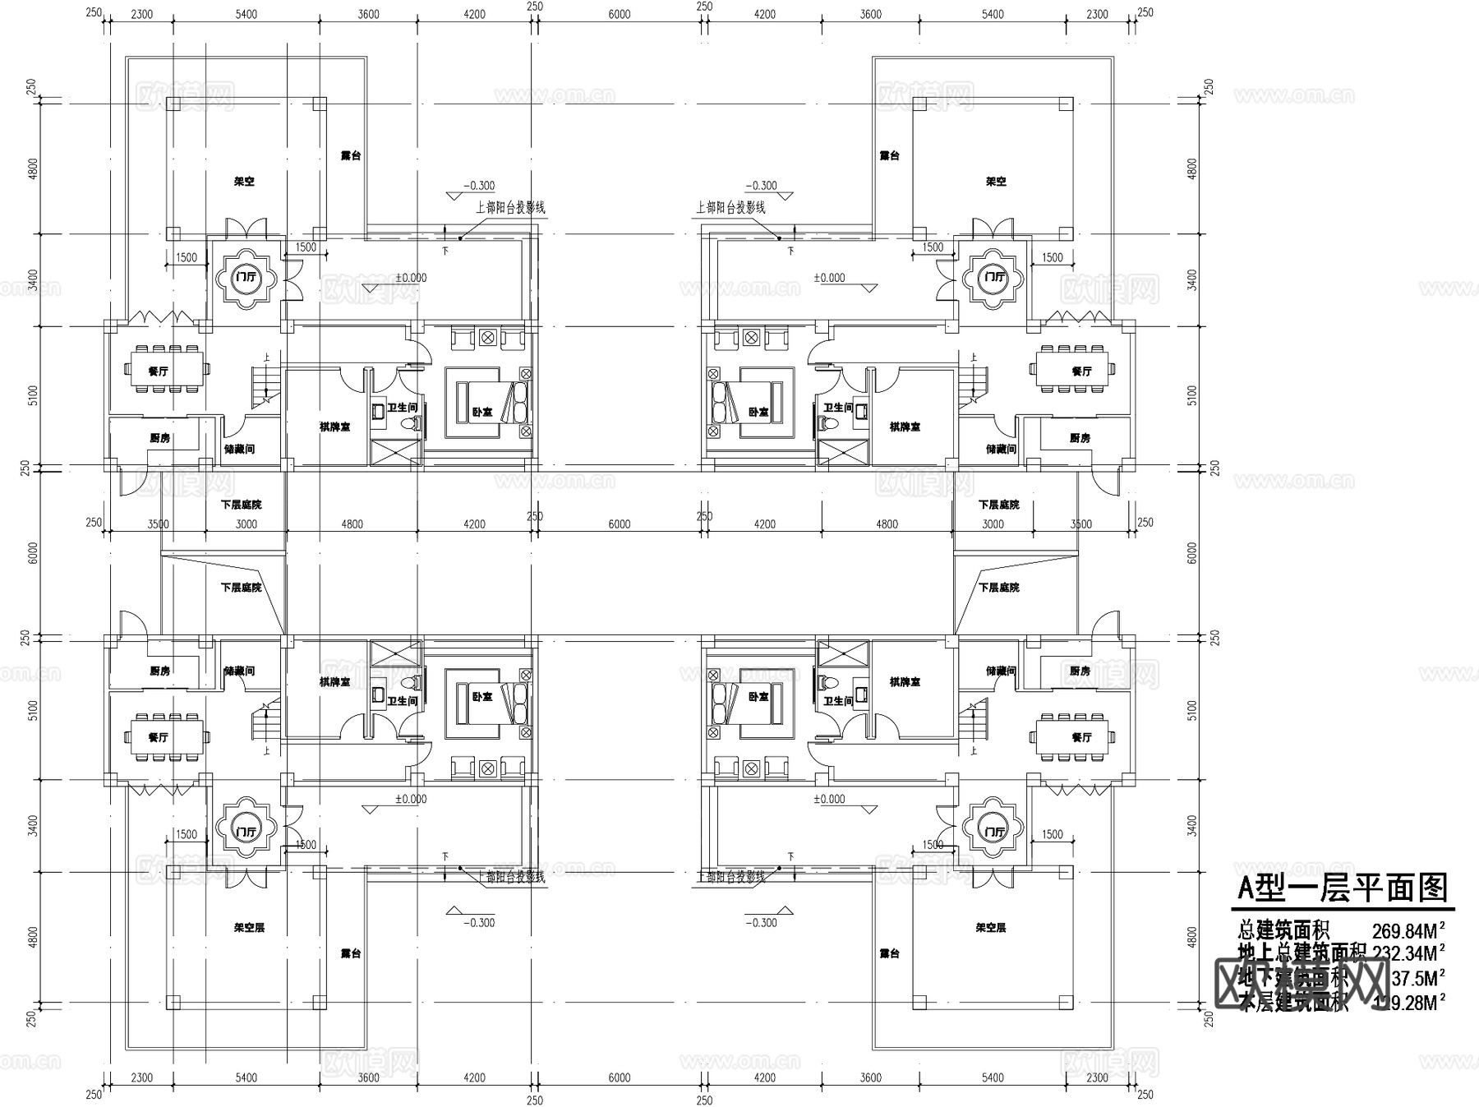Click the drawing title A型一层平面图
[1342, 888]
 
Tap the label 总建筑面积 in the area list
[1283, 931]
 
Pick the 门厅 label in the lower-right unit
[995, 832]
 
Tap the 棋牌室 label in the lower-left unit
[334, 681]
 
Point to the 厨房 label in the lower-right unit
[1080, 671]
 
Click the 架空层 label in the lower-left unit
[249, 927]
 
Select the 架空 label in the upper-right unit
[996, 181]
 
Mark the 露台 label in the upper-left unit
[351, 155]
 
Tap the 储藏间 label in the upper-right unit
[1001, 449]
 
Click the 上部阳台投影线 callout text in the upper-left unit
[510, 208]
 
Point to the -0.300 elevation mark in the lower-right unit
[762, 922]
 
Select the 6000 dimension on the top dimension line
[619, 14]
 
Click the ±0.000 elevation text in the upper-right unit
[829, 278]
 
